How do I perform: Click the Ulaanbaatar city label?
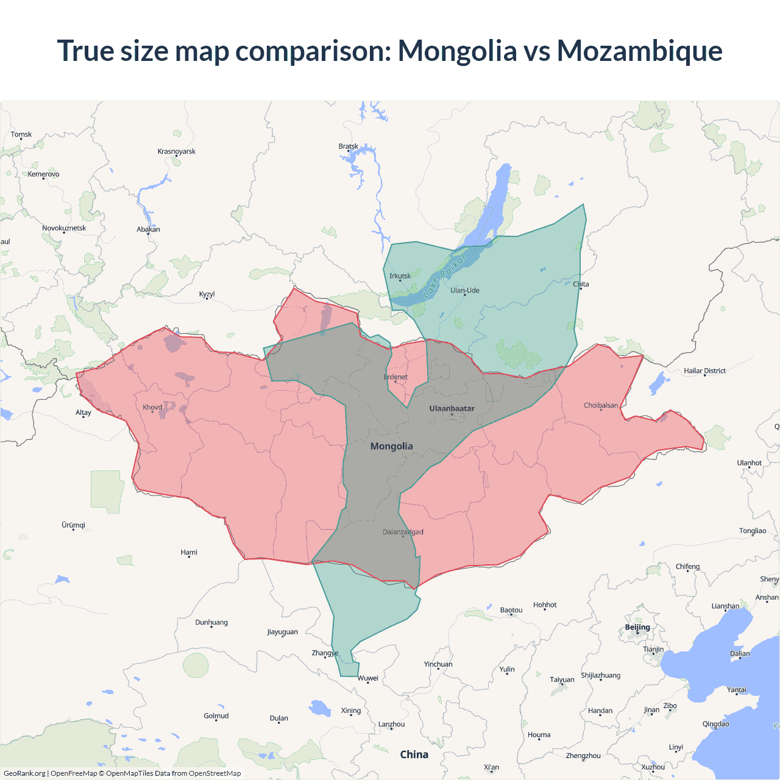[452, 408]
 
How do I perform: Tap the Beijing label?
[637, 627]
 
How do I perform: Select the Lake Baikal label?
[444, 276]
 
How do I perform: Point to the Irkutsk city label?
[400, 276]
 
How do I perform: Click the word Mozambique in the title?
[639, 51]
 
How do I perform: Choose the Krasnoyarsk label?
[176, 151]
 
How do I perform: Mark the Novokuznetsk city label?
[64, 228]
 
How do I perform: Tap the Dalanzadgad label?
[403, 532]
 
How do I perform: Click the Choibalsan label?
[600, 405]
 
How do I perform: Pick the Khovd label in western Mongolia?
[152, 407]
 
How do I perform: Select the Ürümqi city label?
[73, 525]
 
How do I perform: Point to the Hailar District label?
[704, 370]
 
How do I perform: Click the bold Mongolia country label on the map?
[391, 446]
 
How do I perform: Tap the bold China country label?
[414, 754]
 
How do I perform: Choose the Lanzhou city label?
[391, 724]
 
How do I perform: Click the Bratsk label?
[348, 146]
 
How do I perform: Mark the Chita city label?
[581, 284]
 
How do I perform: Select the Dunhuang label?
[211, 622]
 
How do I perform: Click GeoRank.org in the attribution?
[24, 773]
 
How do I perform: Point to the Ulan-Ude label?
[464, 290]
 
